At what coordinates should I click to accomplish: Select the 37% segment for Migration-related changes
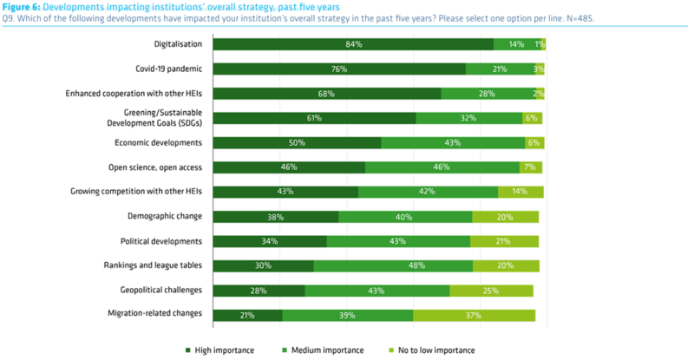coord(474,316)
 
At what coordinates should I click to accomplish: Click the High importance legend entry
coord(221,350)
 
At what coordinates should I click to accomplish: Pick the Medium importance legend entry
coord(329,350)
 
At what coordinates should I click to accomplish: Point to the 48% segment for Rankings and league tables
coord(393,266)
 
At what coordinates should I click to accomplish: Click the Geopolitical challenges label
coord(164,291)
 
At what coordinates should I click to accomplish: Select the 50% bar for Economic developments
coord(297,143)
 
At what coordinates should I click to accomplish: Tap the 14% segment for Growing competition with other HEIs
coord(520,192)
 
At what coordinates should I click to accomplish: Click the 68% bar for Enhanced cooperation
coord(327,94)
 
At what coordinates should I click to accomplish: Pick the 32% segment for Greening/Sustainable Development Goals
coord(469,118)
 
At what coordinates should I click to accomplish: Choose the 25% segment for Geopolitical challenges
coord(491,291)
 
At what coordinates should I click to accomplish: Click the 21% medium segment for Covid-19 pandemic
coord(499,69)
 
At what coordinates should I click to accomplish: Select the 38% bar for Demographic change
coord(276,217)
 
